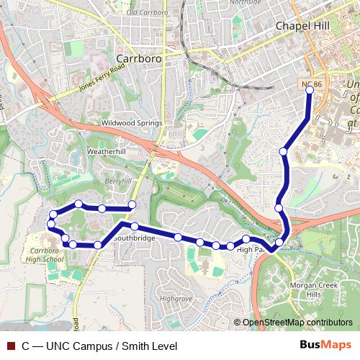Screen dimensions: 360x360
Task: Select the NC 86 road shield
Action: (310, 85)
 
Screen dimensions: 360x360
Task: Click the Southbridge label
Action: (133, 237)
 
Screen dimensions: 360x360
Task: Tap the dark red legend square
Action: (11, 346)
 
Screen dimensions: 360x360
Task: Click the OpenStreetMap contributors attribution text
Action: (297, 323)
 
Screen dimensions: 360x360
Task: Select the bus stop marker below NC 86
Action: (310, 91)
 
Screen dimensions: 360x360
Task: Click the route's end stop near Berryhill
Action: (132, 207)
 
